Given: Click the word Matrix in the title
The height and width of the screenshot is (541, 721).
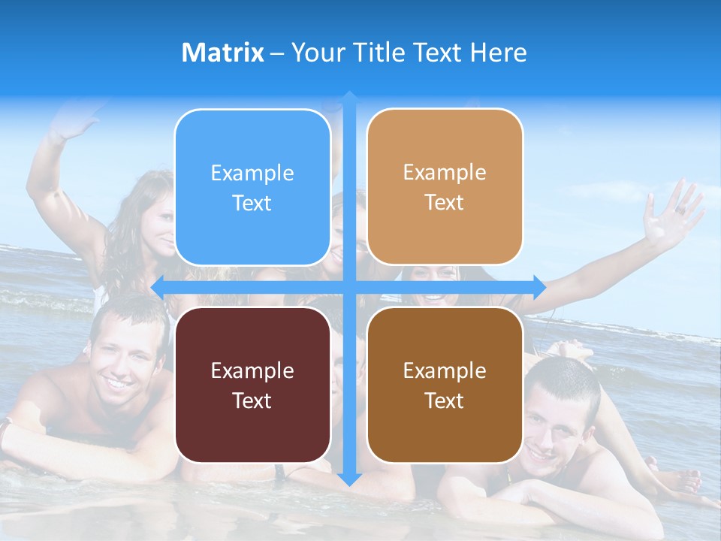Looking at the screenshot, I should coord(222,53).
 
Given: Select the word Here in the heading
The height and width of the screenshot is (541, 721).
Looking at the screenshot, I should coord(499,53).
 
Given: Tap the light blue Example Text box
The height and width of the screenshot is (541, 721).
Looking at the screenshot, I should coord(252,188).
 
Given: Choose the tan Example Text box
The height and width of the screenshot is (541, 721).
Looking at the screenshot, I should coord(445,187).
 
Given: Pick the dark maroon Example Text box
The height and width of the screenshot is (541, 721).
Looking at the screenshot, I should coord(252,385).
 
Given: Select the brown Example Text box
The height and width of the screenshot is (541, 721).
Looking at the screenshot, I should coord(445,385).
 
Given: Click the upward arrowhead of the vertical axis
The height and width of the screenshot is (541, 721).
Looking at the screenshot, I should coord(349,97).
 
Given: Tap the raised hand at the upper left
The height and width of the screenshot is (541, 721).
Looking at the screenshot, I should coord(75,120).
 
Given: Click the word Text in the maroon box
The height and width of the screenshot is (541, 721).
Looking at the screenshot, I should coord(252,400).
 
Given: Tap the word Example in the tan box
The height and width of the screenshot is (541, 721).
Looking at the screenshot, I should coord(445,172).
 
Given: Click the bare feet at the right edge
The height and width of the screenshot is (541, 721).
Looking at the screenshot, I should coord(687,481).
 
